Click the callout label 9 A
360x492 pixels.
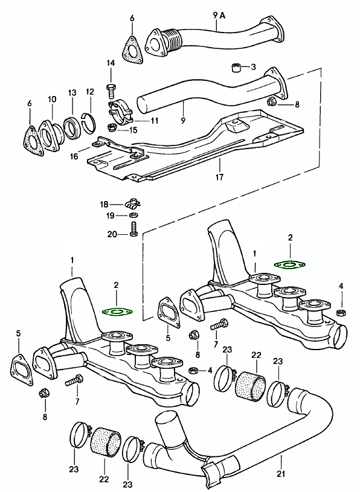click(219, 15)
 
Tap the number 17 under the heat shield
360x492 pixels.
click(219, 177)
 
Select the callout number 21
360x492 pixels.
click(281, 473)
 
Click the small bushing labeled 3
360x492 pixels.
click(236, 68)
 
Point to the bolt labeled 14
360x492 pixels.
click(111, 91)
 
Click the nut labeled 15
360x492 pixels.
click(111, 128)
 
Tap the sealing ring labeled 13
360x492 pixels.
click(73, 128)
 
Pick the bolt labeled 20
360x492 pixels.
click(132, 229)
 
